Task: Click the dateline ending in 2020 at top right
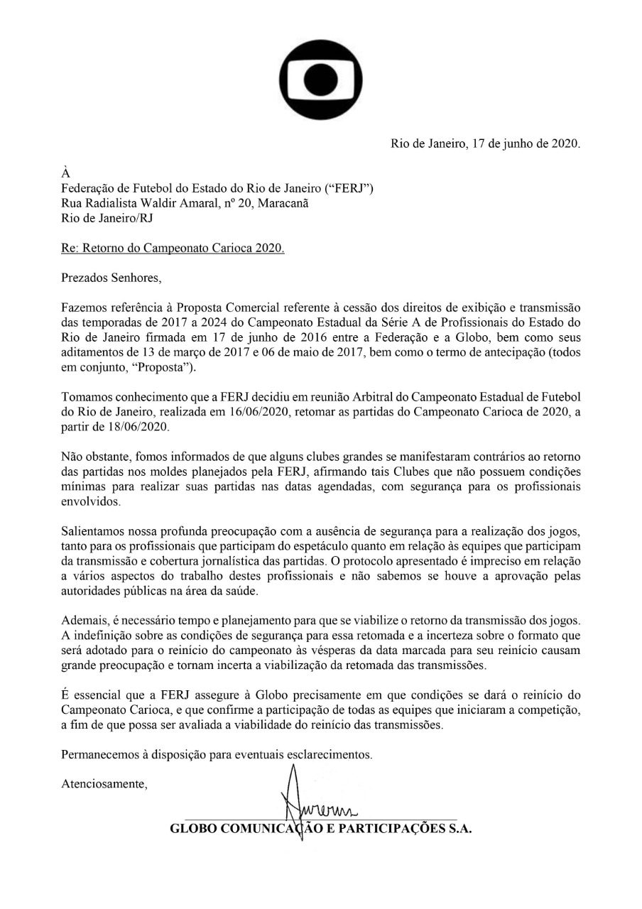click(486, 143)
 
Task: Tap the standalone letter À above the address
click(66, 173)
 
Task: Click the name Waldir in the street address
click(190, 204)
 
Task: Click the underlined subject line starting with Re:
click(173, 250)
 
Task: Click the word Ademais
click(83, 620)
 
